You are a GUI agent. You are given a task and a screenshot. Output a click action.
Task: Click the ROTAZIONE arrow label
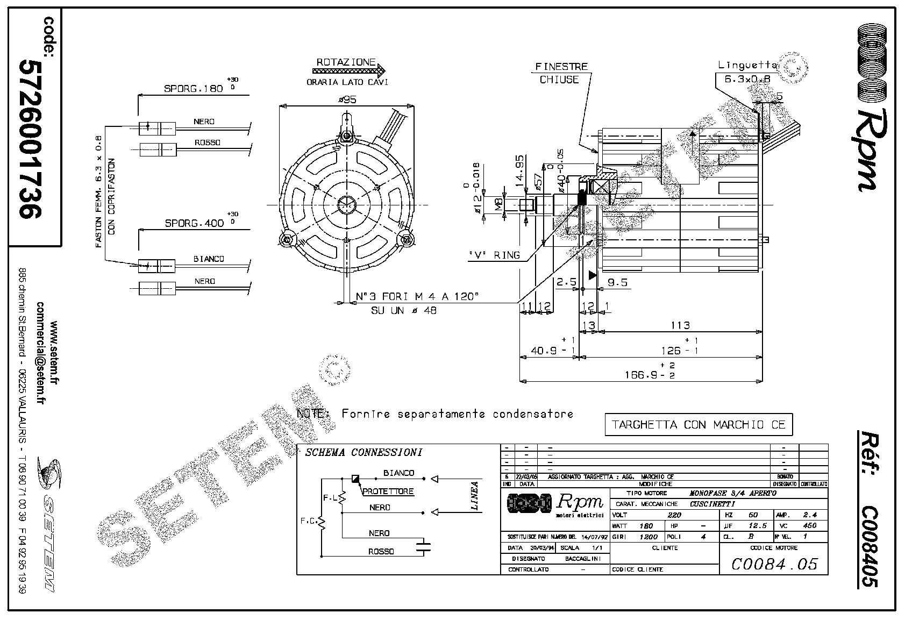coord(345,62)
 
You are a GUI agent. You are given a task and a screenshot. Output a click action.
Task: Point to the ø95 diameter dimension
coord(346,99)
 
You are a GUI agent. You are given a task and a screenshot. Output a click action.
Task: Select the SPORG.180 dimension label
coord(193,89)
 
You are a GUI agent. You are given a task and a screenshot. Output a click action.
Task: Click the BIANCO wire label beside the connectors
coord(209,259)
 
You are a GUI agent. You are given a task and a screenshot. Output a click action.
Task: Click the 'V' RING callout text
coord(493,255)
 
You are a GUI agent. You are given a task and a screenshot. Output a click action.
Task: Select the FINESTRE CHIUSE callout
coord(561,73)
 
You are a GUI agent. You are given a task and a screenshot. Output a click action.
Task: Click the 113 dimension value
coord(680,325)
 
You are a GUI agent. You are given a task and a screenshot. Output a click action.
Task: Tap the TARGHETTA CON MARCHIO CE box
coord(699,424)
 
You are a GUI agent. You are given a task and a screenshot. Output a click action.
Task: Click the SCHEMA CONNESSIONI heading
coord(364,452)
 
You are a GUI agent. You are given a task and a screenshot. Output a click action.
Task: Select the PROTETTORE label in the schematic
coord(388,491)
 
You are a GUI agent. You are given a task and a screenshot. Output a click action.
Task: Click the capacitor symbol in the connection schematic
coord(424,548)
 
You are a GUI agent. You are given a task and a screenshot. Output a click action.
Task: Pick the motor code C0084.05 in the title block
coord(774,564)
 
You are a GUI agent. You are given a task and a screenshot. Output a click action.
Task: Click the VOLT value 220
coord(674,515)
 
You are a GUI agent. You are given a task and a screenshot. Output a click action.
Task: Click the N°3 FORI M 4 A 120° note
coord(417,297)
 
